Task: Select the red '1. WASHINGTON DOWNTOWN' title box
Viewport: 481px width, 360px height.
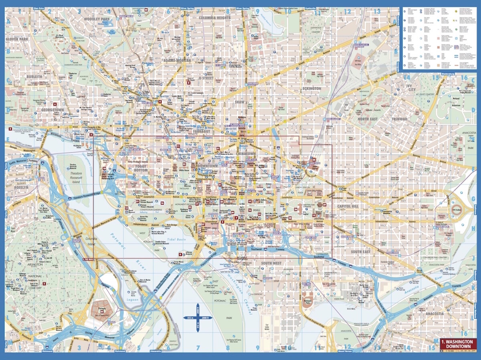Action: click(456, 344)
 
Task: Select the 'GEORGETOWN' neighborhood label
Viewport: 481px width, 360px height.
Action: click(53, 109)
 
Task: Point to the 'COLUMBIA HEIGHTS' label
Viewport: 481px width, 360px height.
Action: click(214, 18)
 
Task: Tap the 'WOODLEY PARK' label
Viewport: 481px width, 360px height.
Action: click(97, 19)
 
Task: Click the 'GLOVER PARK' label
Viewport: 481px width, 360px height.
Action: click(17, 39)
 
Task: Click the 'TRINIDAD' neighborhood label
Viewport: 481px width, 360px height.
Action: click(399, 119)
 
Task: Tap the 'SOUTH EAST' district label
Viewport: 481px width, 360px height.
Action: click(361, 251)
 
